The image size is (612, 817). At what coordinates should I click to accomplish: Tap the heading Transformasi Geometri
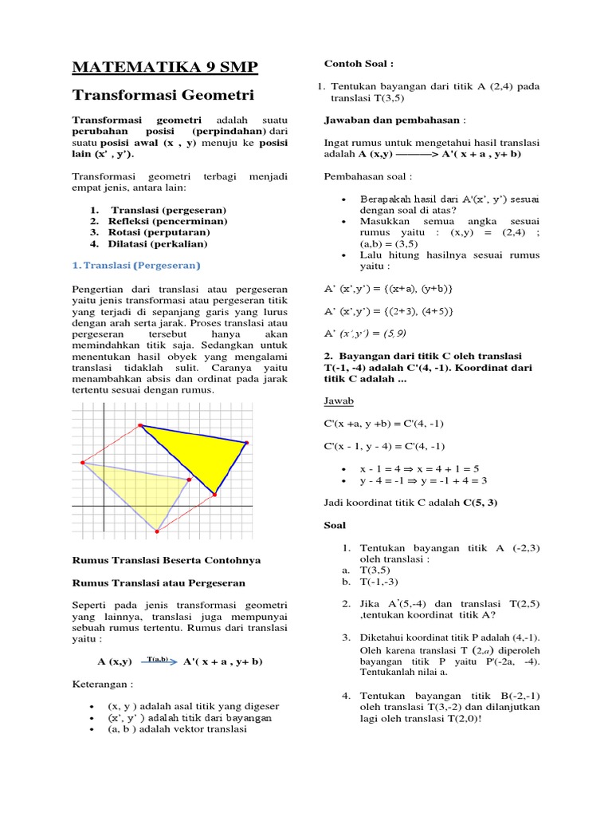coord(163,95)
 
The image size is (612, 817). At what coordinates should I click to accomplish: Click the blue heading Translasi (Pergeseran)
coord(136,265)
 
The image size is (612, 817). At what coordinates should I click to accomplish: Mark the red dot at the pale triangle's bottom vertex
coord(157,531)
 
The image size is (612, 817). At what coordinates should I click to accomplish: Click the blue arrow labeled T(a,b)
coord(159,661)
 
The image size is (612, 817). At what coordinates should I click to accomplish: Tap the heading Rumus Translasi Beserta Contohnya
coord(167,560)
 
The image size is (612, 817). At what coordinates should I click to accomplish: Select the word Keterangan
coord(102,684)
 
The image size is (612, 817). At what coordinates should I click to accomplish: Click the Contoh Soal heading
coord(359,63)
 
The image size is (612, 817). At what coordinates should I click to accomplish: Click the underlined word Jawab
coord(339,401)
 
